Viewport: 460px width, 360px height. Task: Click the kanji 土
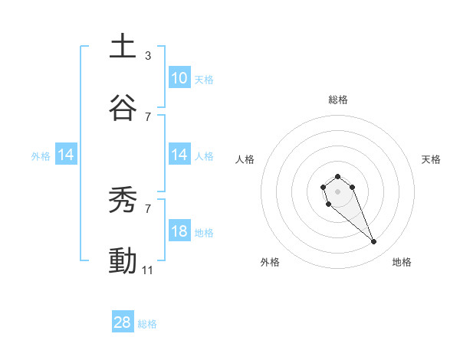pyautogui.click(x=123, y=46)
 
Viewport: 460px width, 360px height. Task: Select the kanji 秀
pyautogui.click(x=123, y=201)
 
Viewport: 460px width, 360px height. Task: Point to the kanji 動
pyautogui.click(x=123, y=261)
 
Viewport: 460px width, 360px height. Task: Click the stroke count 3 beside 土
pyautogui.click(x=147, y=56)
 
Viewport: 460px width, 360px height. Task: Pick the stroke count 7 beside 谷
pyautogui.click(x=147, y=117)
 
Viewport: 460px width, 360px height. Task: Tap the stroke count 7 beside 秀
pyautogui.click(x=147, y=208)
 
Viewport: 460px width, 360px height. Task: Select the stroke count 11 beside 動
pyautogui.click(x=148, y=270)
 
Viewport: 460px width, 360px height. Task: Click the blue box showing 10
pyautogui.click(x=179, y=78)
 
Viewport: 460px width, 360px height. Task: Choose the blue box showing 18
pyautogui.click(x=179, y=231)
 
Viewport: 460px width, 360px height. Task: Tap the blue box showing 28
pyautogui.click(x=123, y=322)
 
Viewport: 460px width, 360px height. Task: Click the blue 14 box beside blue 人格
pyautogui.click(x=179, y=155)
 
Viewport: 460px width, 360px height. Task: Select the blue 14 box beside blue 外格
pyautogui.click(x=66, y=155)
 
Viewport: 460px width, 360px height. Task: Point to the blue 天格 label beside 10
pyautogui.click(x=203, y=80)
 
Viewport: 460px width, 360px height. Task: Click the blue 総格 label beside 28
pyautogui.click(x=147, y=324)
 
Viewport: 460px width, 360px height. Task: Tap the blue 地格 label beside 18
pyautogui.click(x=204, y=233)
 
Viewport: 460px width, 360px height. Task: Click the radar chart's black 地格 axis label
pyautogui.click(x=402, y=262)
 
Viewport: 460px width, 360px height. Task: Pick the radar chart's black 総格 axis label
pyautogui.click(x=337, y=100)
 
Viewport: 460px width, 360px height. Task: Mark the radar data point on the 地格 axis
pyautogui.click(x=374, y=242)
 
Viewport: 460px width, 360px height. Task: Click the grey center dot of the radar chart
pyautogui.click(x=337, y=191)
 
